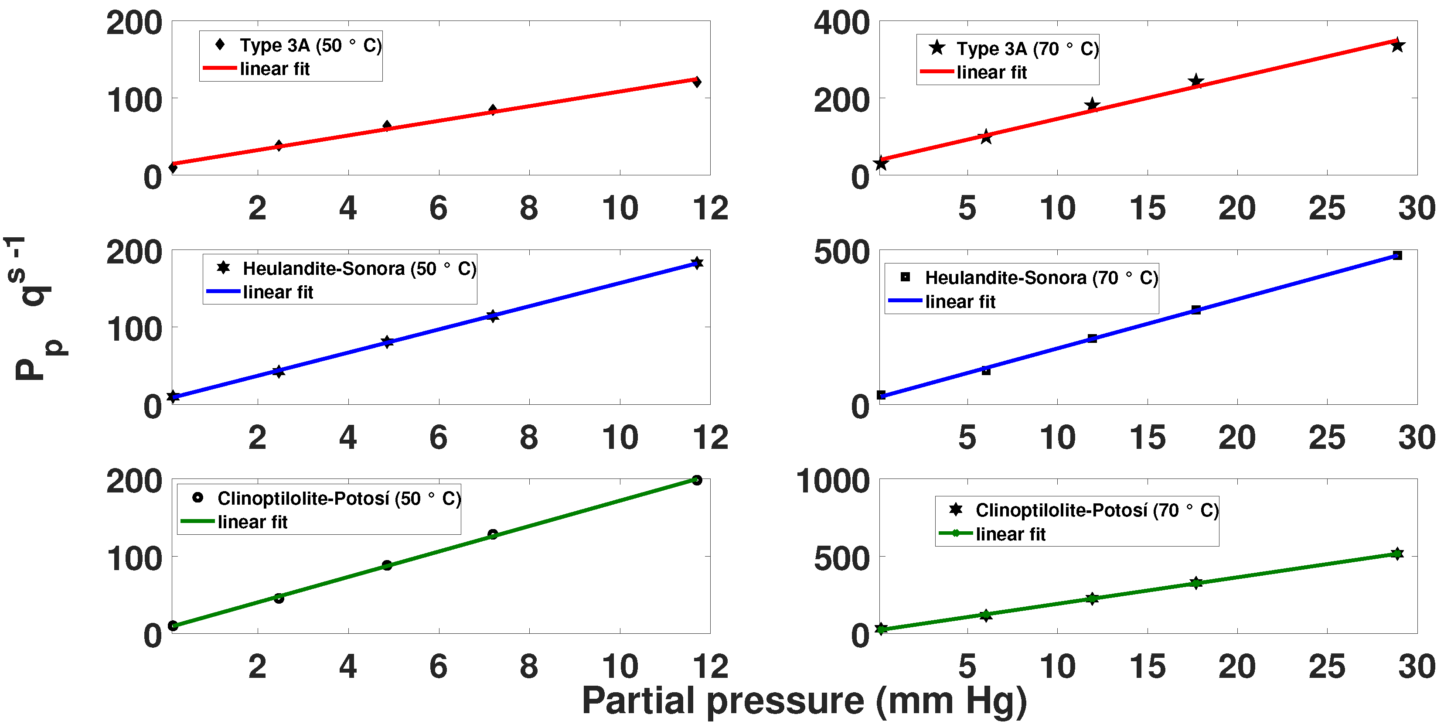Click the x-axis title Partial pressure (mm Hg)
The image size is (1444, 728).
(x=804, y=701)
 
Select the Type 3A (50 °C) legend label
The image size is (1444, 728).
(x=310, y=45)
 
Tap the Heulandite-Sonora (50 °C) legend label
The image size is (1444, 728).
(x=359, y=269)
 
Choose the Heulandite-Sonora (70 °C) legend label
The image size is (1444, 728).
(x=1041, y=277)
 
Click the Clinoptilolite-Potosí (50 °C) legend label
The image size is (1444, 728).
(x=339, y=498)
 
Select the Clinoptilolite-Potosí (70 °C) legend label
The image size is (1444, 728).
(x=1097, y=510)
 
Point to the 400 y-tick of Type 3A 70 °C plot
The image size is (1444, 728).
(x=841, y=24)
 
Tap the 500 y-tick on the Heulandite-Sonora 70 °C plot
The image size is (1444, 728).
(x=841, y=253)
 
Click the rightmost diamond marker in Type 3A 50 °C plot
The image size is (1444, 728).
(x=697, y=82)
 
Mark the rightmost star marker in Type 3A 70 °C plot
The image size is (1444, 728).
(x=1397, y=45)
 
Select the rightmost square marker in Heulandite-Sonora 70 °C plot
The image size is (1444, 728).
(x=1397, y=256)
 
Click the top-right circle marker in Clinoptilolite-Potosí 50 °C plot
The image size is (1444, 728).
(x=697, y=480)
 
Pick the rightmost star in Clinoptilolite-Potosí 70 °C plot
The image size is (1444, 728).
(x=1397, y=554)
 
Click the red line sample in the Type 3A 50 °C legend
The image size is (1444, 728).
(x=220, y=68)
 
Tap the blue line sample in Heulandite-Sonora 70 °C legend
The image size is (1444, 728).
(x=905, y=301)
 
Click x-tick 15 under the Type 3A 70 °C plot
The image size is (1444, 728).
(x=1148, y=208)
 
